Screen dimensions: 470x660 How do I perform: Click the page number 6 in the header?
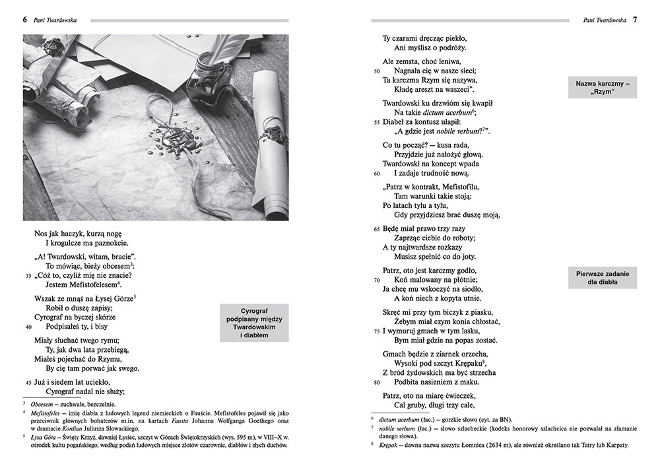point(25,20)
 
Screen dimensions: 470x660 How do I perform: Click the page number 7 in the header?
point(635,20)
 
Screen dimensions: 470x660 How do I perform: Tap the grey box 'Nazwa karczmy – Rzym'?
point(603,88)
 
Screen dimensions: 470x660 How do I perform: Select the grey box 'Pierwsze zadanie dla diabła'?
point(603,279)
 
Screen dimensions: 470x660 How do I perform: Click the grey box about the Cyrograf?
point(254,323)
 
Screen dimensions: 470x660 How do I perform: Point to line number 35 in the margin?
point(28,275)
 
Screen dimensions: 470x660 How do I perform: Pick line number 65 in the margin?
point(377,228)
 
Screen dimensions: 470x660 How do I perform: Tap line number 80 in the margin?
point(377,382)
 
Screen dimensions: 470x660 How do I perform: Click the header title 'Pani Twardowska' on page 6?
point(55,20)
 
